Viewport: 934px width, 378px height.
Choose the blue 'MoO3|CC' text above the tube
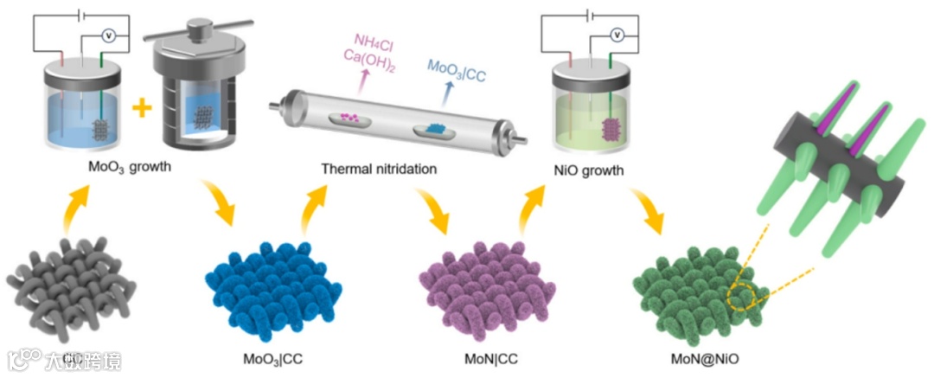457,74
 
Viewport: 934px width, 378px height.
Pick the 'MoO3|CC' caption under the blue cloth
274,358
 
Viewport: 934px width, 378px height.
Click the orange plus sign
139,108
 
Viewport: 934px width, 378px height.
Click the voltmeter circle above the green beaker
617,35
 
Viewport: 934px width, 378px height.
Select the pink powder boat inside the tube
351,115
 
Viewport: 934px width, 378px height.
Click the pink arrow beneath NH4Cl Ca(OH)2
363,82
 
